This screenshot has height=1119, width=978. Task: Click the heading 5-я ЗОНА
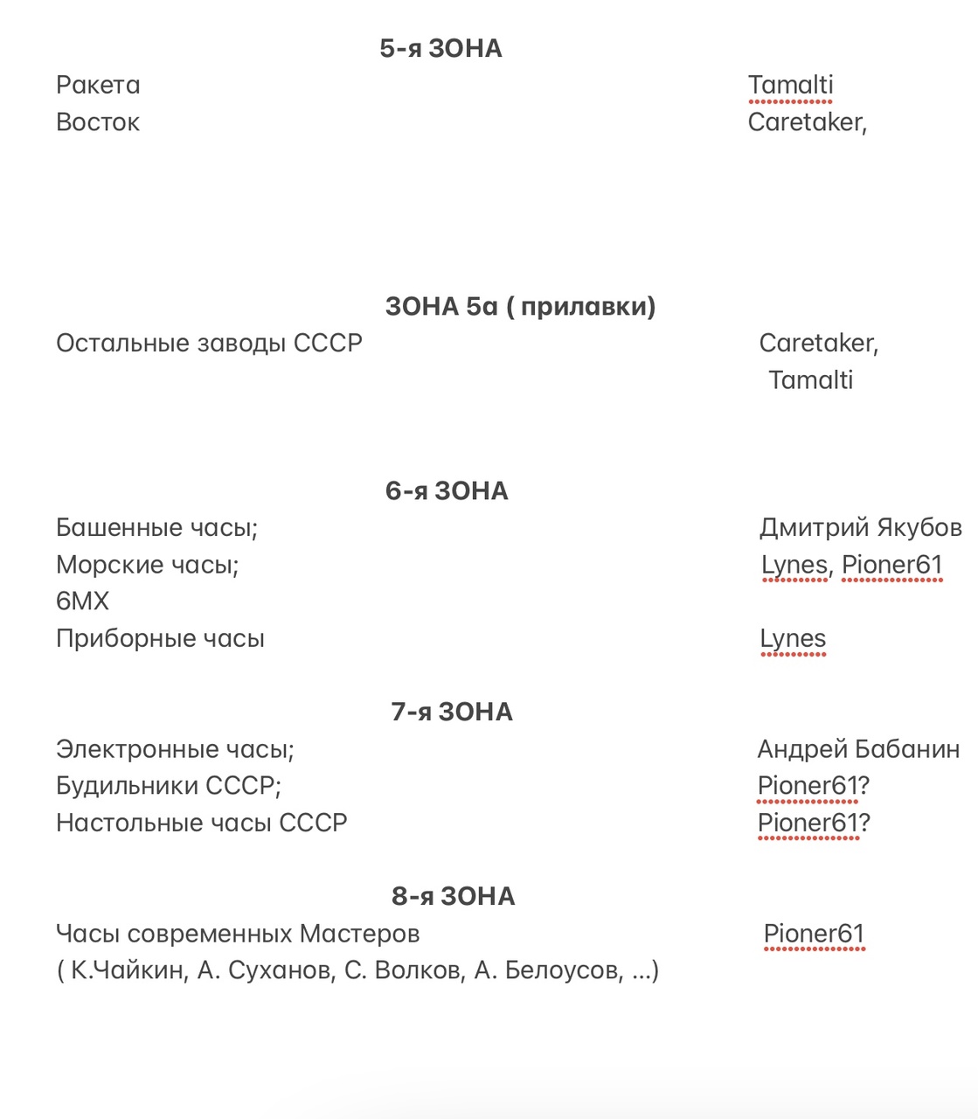(x=440, y=49)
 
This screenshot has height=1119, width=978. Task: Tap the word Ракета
(x=98, y=86)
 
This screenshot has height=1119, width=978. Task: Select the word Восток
(x=98, y=122)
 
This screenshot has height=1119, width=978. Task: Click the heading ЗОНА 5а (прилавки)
(x=520, y=307)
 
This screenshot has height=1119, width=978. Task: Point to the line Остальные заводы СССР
(x=209, y=344)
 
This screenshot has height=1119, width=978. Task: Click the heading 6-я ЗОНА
(x=447, y=491)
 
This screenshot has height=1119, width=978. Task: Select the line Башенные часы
(x=156, y=528)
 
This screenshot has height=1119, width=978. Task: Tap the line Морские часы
(x=147, y=565)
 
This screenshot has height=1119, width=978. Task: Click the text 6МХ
(x=82, y=601)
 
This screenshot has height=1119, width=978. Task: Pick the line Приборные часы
(x=160, y=639)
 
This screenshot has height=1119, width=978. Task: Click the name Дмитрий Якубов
(x=860, y=528)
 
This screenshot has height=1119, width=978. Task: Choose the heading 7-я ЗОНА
(x=452, y=712)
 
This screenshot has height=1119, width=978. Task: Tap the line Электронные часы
(x=175, y=749)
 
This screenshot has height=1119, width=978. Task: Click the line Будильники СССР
(x=169, y=786)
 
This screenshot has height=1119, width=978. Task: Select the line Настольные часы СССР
(x=202, y=824)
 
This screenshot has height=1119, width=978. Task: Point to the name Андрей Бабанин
(x=858, y=749)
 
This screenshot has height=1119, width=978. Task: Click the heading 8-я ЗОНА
(x=453, y=897)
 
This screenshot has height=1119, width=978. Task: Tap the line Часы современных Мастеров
(x=238, y=935)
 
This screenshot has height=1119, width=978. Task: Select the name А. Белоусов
(x=548, y=971)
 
